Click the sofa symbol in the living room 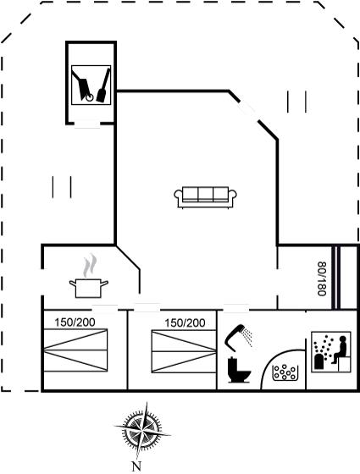tap(205, 197)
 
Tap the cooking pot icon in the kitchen tap(89, 288)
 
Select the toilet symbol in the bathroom tap(239, 370)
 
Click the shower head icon tap(238, 338)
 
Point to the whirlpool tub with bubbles tap(285, 372)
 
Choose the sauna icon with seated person tap(331, 351)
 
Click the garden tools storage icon tap(91, 85)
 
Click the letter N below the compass tap(136, 466)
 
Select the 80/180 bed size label tap(322, 278)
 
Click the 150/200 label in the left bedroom tap(75, 322)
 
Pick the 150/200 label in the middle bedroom tap(185, 323)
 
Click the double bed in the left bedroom tap(75, 350)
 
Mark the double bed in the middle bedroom tap(184, 351)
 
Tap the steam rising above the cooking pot tap(90, 266)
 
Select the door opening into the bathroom tap(236, 309)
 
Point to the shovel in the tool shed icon tap(103, 85)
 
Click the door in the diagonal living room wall tap(248, 111)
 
